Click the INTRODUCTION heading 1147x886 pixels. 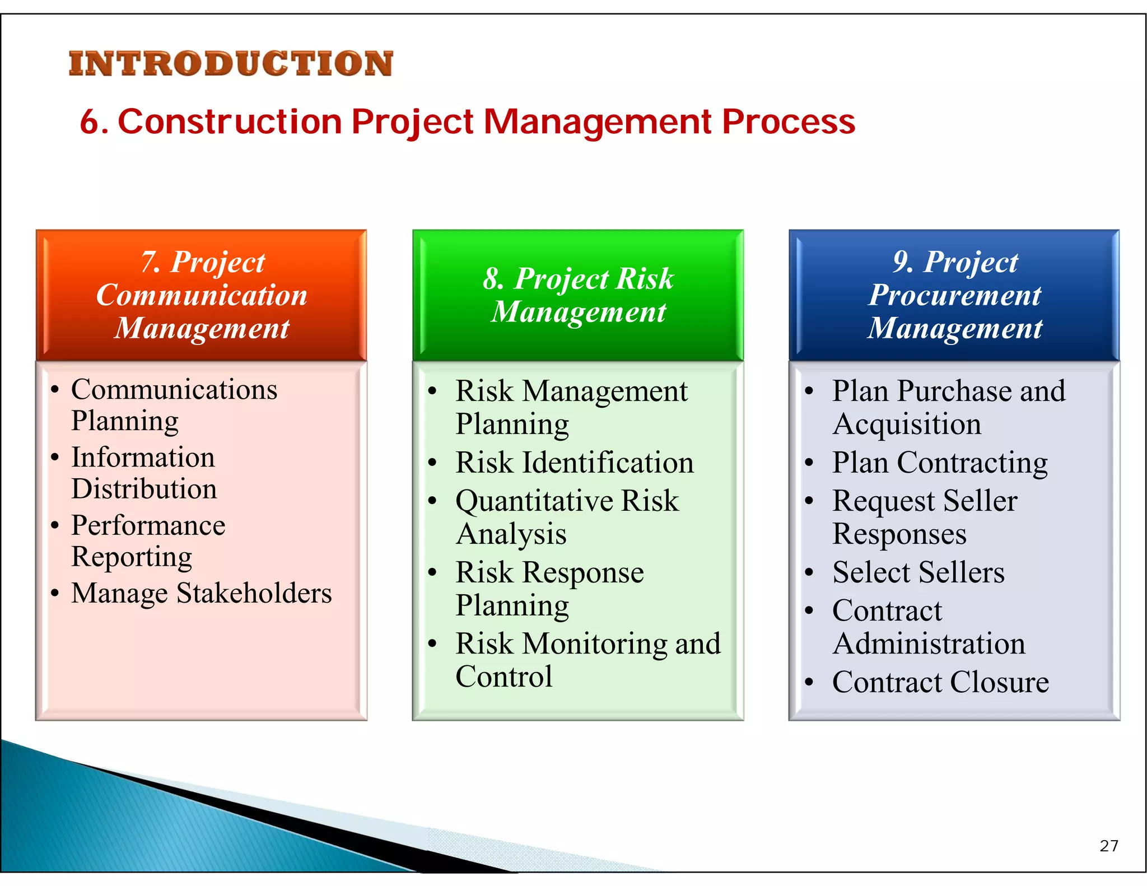coord(231,63)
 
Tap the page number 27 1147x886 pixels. coord(1108,846)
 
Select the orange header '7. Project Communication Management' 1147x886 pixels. coord(202,295)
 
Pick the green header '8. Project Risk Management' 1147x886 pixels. coord(578,295)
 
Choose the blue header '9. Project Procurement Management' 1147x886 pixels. coord(954,295)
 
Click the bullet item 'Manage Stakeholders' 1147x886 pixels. coord(202,593)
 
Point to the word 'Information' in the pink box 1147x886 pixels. coord(143,458)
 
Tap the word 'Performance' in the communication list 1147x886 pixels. coord(148,525)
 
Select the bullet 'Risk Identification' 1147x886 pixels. coord(574,463)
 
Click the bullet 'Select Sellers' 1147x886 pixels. coord(918,572)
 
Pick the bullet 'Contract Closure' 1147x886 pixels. coord(940,682)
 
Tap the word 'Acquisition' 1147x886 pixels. coord(907,424)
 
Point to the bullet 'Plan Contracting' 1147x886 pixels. coord(940,463)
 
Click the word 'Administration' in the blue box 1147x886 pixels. coord(929,643)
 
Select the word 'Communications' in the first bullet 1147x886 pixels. coord(174,389)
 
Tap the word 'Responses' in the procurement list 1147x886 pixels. coord(899,534)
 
